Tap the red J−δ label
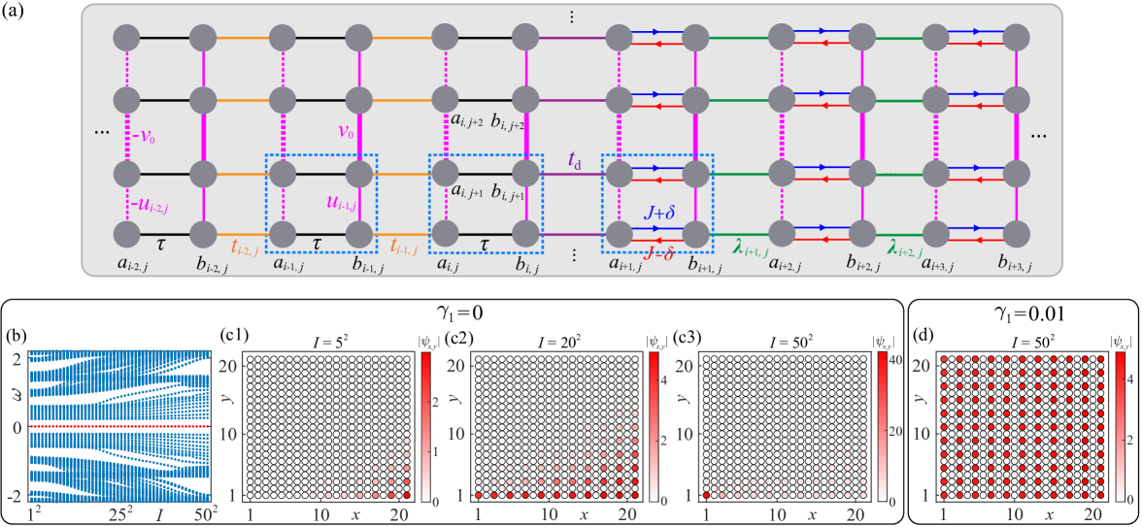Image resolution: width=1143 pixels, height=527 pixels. click(x=657, y=253)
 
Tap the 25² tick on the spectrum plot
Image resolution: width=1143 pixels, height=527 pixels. click(x=121, y=511)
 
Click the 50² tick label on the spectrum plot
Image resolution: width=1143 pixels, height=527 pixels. click(x=205, y=511)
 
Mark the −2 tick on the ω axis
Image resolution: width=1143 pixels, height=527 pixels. click(x=16, y=495)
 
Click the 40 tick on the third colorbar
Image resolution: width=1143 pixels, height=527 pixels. click(x=896, y=358)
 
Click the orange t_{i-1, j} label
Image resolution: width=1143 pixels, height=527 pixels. click(x=405, y=249)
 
